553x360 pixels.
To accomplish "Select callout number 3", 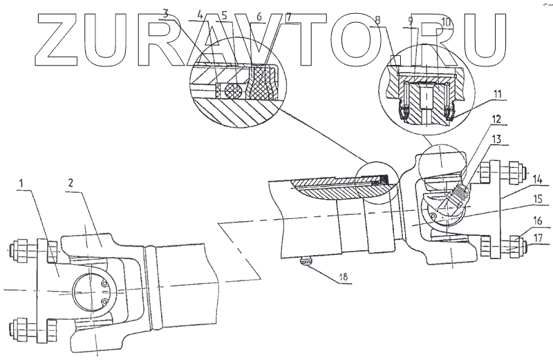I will pos(165,13).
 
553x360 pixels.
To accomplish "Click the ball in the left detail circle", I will pos(230,88).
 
